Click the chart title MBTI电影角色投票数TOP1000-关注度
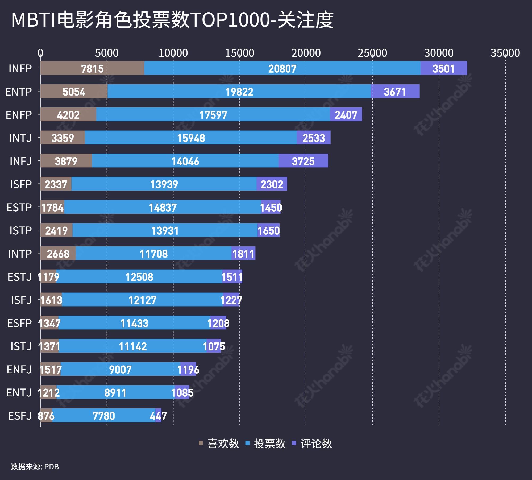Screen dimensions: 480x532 coord(172,20)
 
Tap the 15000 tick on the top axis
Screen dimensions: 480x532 coord(239,53)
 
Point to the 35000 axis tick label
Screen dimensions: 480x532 coord(505,53)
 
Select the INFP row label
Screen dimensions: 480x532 coord(20,69)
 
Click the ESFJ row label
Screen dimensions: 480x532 coord(20,416)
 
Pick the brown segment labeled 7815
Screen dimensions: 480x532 coord(92,68)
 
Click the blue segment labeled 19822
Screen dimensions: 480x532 coord(239,92)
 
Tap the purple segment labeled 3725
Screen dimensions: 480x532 coord(303,161)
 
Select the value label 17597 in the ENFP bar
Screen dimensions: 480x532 coord(213,115)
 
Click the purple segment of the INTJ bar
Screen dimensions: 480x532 coord(314,138)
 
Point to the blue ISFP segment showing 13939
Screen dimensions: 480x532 coord(164,184)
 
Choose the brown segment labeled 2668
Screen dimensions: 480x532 coord(58,254)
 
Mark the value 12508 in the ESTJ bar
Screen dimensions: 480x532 coord(139,277)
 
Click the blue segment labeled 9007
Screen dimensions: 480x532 coord(120,369)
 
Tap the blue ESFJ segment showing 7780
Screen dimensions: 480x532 coord(103,416)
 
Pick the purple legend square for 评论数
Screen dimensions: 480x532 coord(294,443)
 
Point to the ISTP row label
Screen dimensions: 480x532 coord(20,230)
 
